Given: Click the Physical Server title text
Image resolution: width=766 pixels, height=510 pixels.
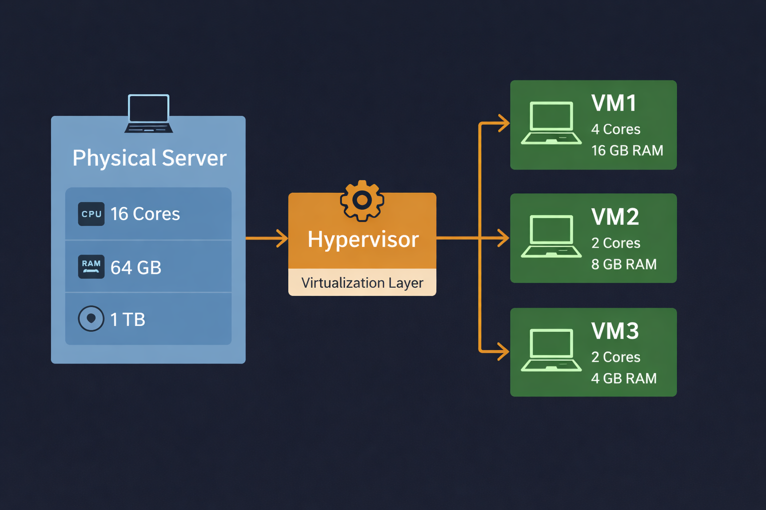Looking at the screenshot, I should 149,158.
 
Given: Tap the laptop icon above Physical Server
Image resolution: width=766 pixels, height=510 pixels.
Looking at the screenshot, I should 149,114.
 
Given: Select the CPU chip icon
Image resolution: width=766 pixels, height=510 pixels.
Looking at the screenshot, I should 91,214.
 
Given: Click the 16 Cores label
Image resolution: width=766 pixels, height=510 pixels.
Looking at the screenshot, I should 145,214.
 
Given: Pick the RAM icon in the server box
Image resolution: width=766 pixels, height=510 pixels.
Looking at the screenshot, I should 91,266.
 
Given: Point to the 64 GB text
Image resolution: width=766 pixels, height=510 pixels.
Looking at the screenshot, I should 136,268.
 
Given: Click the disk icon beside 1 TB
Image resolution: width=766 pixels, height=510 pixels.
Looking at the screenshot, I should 91,319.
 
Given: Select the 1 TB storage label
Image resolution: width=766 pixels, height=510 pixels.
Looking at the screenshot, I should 128,320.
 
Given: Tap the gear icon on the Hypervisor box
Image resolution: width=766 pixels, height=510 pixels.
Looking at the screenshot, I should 362,200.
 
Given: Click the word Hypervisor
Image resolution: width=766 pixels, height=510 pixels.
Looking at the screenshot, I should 363,240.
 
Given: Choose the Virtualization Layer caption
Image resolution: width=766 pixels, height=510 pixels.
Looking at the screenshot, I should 362,283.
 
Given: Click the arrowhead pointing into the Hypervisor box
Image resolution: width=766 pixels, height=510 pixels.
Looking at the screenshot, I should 283,238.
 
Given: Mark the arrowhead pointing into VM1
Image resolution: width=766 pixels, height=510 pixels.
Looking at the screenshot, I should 504,123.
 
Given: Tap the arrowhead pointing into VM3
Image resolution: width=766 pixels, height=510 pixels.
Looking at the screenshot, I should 504,351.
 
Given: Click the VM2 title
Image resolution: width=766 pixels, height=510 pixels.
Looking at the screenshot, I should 615,217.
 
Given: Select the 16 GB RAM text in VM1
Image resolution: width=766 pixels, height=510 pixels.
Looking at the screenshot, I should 627,150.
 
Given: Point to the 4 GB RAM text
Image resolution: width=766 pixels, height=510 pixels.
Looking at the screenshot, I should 623,379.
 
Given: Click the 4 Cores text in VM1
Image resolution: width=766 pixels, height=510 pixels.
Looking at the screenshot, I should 615,129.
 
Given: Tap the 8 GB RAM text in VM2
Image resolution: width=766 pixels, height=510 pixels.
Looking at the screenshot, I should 623,264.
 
